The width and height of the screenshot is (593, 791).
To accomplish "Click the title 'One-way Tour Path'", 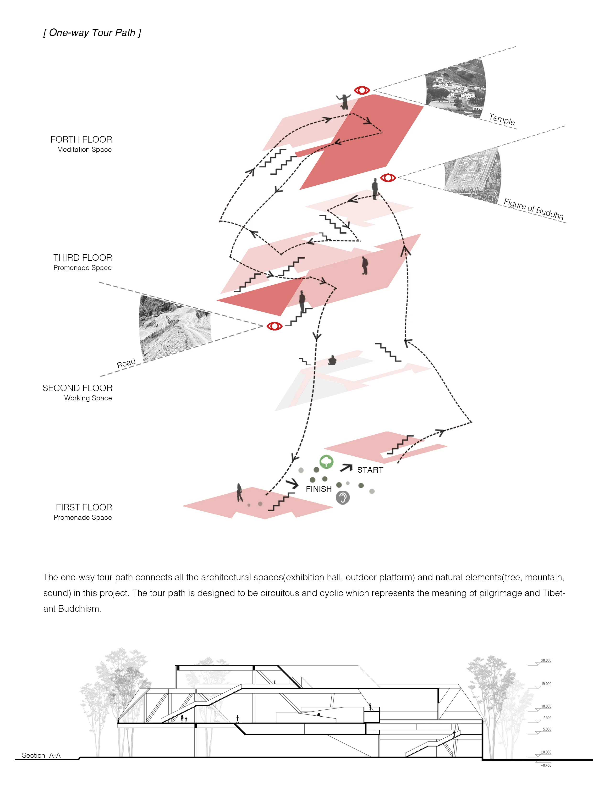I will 92,33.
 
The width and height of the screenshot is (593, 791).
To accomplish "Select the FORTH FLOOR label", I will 81,139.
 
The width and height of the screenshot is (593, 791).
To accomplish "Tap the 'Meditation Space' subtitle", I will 84,149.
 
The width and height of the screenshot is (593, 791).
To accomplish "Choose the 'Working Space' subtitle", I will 88,398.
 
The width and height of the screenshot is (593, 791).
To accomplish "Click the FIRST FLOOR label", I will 84,507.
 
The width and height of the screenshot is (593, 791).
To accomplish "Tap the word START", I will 370,470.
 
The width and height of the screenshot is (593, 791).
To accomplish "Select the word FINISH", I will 318,489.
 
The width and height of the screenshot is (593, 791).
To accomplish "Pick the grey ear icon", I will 342,498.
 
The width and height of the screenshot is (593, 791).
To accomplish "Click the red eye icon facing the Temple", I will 362,90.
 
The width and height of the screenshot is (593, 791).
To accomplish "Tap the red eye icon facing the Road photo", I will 275,326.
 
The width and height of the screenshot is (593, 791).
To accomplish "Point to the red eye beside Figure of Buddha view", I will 388,177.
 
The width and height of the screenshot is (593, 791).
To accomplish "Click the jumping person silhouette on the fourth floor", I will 344,101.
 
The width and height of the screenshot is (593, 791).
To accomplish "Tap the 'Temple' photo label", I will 502,119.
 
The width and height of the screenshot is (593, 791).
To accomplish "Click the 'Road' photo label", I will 126,363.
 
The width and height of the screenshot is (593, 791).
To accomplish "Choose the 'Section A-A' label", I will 41,755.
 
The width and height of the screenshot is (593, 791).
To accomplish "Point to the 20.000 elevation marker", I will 546,660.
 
